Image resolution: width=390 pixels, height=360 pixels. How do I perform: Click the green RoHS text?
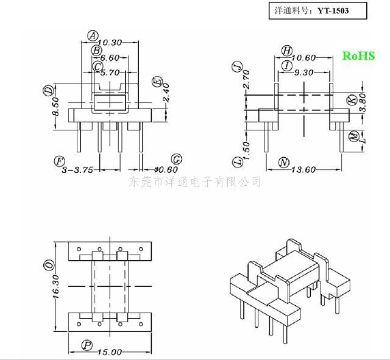point(358,55)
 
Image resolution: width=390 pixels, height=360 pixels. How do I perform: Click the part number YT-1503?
point(333,11)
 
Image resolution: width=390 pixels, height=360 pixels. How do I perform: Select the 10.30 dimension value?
point(110,43)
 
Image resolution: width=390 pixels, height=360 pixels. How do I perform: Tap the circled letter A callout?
point(93,36)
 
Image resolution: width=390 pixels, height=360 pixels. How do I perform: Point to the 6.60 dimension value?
point(110,58)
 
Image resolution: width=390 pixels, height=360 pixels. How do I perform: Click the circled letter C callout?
point(97,66)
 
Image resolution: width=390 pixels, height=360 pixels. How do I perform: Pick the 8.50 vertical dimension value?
point(55,107)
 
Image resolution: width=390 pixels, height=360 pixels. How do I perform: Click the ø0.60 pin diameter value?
point(166,170)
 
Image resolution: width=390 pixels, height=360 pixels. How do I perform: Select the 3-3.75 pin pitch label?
point(77,170)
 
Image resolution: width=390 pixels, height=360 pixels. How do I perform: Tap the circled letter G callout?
point(176,159)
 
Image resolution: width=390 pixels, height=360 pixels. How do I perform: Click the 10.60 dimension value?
point(303,58)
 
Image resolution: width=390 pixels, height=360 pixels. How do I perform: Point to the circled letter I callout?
point(287,66)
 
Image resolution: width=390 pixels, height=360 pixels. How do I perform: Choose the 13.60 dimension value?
point(303,170)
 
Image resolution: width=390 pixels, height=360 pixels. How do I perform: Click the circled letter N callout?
point(283,163)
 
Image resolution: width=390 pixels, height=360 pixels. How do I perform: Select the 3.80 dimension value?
point(363,102)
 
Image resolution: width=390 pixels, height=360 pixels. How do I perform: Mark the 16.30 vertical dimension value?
point(55,287)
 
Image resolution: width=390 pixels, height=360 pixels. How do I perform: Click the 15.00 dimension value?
point(110,352)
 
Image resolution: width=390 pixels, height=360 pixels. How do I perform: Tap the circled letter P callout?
point(87,345)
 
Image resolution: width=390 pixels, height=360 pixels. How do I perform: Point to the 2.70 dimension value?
point(246,79)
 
